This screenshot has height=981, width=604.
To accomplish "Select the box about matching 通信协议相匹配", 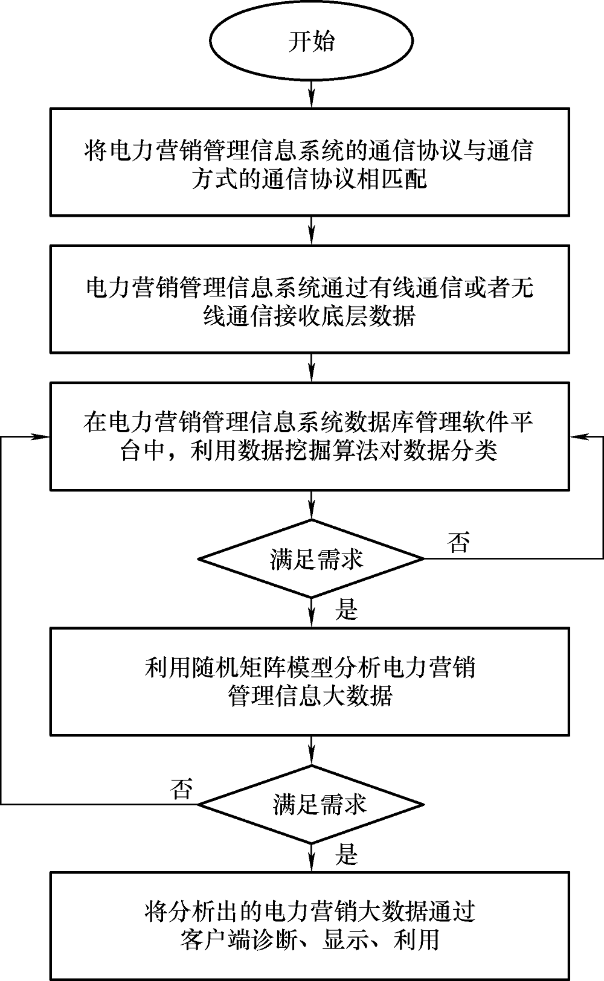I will (x=309, y=162).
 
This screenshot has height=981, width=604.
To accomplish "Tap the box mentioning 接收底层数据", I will (x=309, y=299).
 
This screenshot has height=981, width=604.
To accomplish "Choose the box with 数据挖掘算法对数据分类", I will (x=309, y=435).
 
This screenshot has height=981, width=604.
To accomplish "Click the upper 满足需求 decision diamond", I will (x=312, y=558).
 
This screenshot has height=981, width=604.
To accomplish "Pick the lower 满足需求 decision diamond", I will (x=312, y=804).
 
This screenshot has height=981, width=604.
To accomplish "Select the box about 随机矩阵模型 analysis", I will (x=309, y=682).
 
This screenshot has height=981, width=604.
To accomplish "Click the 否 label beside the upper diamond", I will (x=458, y=543).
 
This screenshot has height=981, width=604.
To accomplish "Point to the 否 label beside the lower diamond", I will (x=182, y=788).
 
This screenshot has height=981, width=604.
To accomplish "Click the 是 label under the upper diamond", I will (x=347, y=610).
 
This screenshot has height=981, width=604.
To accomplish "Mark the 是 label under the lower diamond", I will (x=347, y=855).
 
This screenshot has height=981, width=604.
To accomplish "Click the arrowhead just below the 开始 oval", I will (x=312, y=100).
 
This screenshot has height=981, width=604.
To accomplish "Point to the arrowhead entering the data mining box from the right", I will (x=577, y=436).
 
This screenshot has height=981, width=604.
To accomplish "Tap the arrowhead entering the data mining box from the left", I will (x=42, y=436).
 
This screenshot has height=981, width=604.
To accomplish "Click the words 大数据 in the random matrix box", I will (x=368, y=696).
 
